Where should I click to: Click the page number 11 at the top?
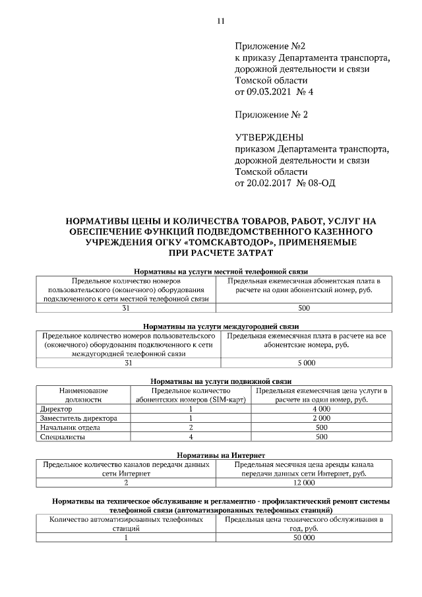tap(221, 21)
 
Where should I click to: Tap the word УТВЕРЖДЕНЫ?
tap(269, 137)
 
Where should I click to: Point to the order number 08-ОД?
tap(322, 182)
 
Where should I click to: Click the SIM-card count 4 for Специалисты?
tap(190, 437)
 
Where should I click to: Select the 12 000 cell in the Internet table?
tap(304, 483)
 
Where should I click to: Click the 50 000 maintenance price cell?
tap(304, 538)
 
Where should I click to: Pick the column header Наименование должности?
tap(83, 395)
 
